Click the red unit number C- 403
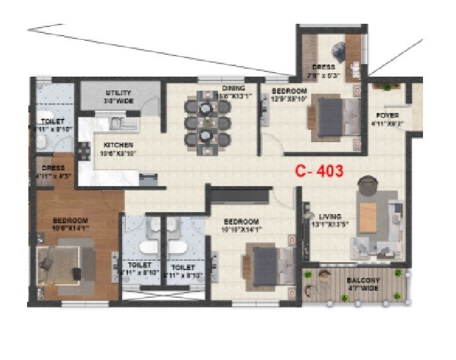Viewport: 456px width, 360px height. [x=319, y=171]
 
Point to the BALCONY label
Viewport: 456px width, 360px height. [x=362, y=280]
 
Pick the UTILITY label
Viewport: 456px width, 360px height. [x=119, y=93]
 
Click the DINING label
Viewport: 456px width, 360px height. [x=233, y=88]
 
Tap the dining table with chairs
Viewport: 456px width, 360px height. [x=207, y=122]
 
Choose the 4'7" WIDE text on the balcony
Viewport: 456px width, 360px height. [x=362, y=288]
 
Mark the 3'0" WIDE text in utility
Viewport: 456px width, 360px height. [x=119, y=101]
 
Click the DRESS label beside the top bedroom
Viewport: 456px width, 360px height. [x=324, y=67]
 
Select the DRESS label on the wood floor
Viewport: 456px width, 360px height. [x=53, y=168]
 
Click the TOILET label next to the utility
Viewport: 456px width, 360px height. [x=53, y=122]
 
